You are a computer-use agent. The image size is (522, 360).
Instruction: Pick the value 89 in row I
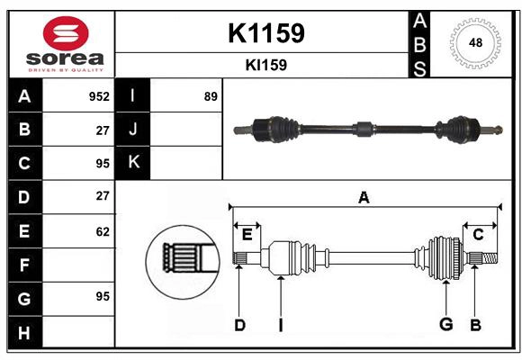click(x=211, y=96)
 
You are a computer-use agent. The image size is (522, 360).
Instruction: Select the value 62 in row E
click(x=102, y=231)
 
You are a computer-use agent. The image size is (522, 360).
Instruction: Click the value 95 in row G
click(x=102, y=295)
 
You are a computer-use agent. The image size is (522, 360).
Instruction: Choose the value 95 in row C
click(x=102, y=163)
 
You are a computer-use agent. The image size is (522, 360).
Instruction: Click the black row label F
click(x=24, y=265)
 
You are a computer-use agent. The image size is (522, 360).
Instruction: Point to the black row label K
click(x=133, y=163)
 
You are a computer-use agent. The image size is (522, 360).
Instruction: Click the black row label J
click(x=133, y=130)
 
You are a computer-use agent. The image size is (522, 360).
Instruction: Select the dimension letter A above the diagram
click(x=364, y=197)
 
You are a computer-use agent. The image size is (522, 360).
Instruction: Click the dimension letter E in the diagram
click(x=247, y=235)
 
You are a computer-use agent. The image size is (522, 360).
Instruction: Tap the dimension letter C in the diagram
click(x=478, y=235)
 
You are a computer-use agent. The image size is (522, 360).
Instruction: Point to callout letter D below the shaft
click(x=239, y=325)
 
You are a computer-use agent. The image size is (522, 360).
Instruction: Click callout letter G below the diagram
click(x=445, y=325)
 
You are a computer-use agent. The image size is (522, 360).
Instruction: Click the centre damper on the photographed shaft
click(x=362, y=128)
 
